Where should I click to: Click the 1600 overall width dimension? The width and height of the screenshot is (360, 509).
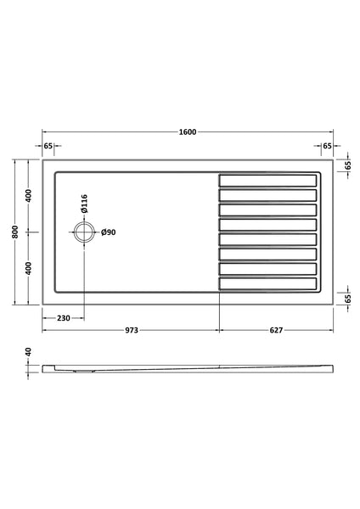click(188, 132)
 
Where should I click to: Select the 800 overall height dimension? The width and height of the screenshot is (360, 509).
click(15, 231)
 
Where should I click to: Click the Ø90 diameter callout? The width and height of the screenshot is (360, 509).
click(109, 232)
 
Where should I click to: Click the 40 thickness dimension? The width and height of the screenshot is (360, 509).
click(28, 351)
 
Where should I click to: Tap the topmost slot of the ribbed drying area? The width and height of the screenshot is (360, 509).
click(268, 180)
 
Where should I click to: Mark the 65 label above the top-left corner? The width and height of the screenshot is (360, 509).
click(48, 146)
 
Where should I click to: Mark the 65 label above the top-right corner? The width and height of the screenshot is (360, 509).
click(327, 146)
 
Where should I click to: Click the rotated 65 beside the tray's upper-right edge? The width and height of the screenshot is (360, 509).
click(347, 165)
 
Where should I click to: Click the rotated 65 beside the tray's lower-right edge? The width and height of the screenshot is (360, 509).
click(347, 296)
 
